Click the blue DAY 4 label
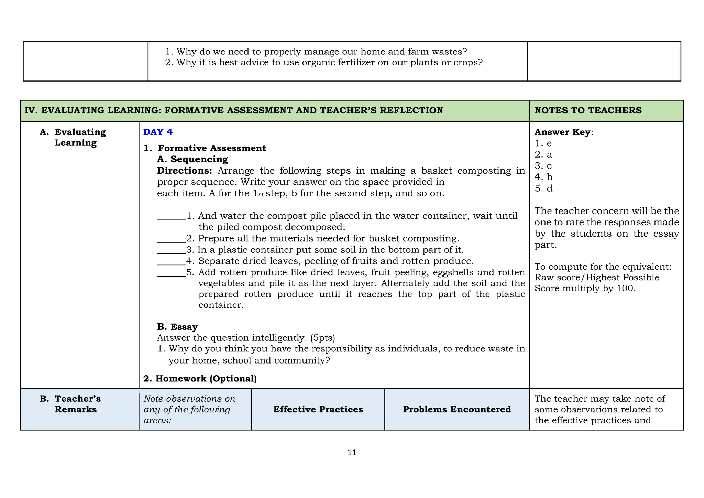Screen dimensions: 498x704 158,132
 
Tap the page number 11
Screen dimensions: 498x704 352,453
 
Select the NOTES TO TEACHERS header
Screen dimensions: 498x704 588,110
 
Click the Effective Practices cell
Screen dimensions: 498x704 318,409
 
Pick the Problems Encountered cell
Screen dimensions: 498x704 457,409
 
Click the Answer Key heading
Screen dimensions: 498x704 562,132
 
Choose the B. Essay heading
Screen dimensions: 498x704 177,327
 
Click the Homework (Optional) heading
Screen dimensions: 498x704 200,379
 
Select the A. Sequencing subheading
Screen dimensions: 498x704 192,159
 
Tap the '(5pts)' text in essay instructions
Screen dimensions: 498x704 322,338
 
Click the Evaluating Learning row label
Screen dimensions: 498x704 80,137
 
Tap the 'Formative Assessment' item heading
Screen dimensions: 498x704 212,148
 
